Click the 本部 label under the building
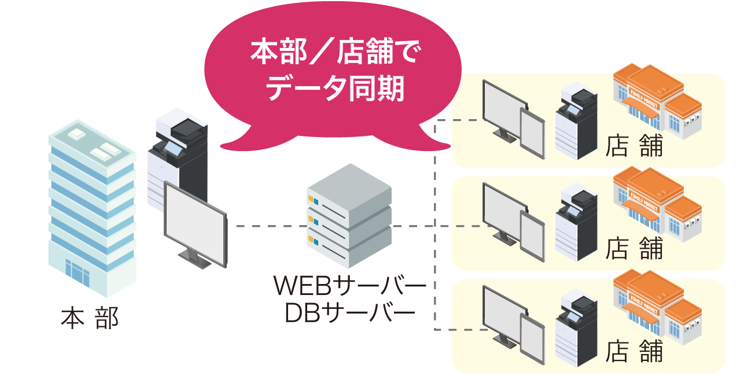coord(90,319)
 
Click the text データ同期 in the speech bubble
coord(336,90)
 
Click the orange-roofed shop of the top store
coord(657,101)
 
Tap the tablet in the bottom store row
coord(532,338)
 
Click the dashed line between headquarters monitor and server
coord(249,226)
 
